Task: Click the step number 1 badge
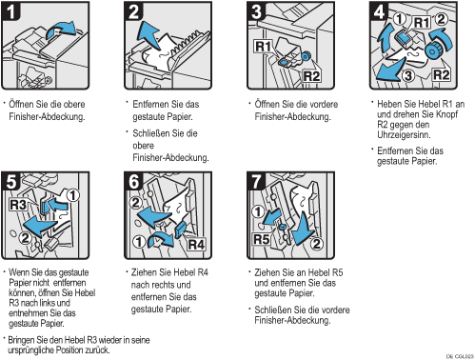click(x=10, y=11)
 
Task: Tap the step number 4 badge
click(x=379, y=11)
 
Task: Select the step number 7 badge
click(x=256, y=181)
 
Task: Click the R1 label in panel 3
click(x=264, y=47)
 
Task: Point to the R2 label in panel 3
click(x=311, y=76)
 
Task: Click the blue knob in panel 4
click(x=432, y=50)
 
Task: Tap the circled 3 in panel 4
click(x=408, y=76)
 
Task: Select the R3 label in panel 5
click(x=18, y=205)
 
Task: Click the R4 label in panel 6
click(x=196, y=245)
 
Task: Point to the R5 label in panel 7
click(x=262, y=239)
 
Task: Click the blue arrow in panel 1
click(x=61, y=30)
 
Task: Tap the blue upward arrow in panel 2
click(x=148, y=34)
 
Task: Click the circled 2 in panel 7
click(x=316, y=244)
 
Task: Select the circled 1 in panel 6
click(x=138, y=242)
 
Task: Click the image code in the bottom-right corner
click(x=460, y=356)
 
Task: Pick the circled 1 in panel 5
click(x=73, y=195)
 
